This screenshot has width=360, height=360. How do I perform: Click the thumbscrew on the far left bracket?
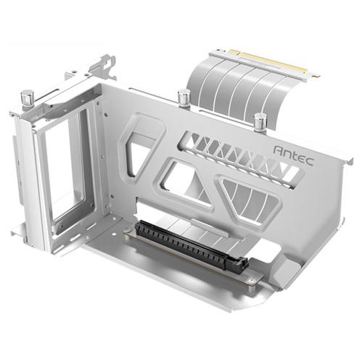(x=28, y=97)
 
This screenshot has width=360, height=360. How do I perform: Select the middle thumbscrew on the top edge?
(x=184, y=97)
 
